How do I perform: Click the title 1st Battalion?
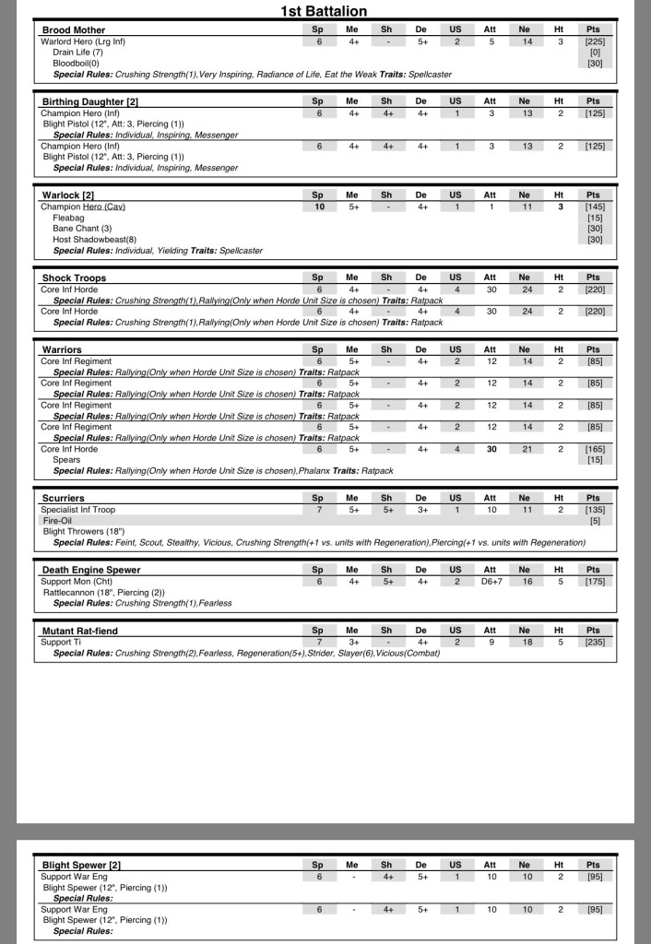point(324,11)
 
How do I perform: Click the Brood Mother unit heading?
point(74,30)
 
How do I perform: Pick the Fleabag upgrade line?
point(68,218)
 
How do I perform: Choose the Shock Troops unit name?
point(74,277)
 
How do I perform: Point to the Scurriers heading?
point(63,498)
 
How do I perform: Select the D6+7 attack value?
point(490,582)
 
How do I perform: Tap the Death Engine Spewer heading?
point(91,571)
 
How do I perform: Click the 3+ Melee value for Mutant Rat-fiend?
point(352,642)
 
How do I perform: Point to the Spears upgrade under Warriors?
point(66,459)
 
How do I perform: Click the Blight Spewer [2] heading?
point(81,865)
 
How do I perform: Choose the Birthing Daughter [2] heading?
point(89,101)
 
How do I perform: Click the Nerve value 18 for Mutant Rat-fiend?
point(524,642)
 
